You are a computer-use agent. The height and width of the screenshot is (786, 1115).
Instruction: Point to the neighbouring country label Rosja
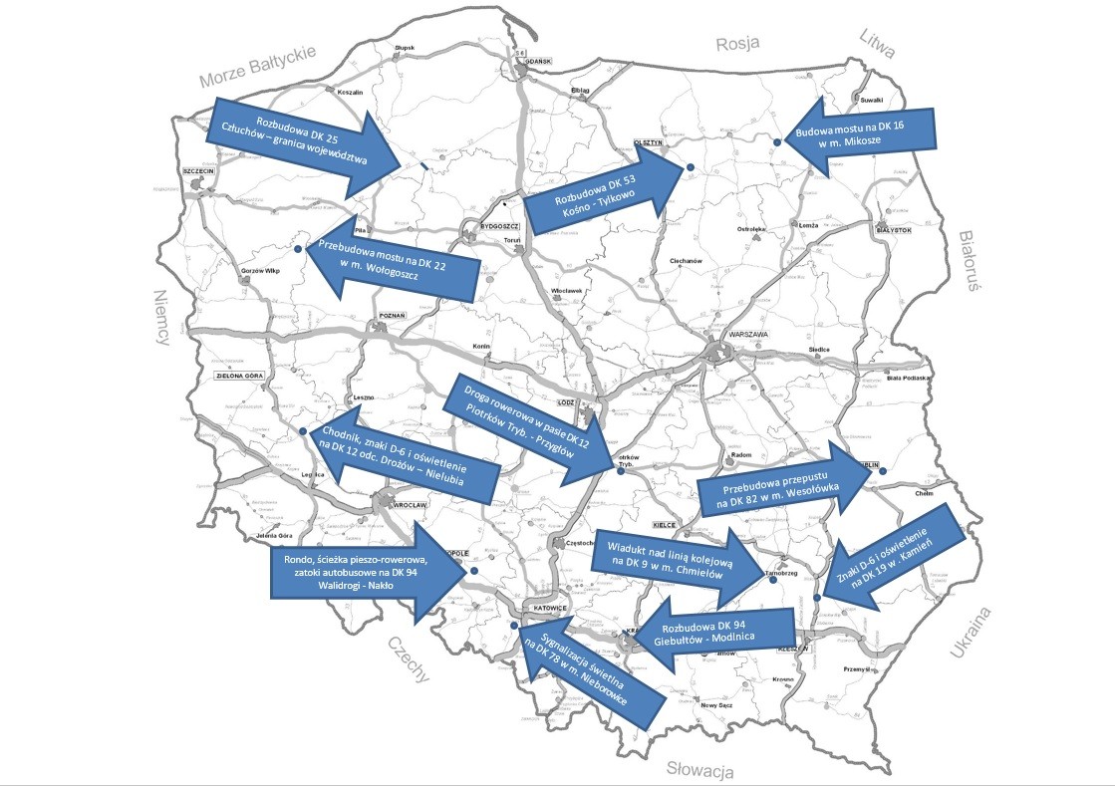click(x=738, y=43)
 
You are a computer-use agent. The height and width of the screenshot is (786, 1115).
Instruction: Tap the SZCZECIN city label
click(x=199, y=170)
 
